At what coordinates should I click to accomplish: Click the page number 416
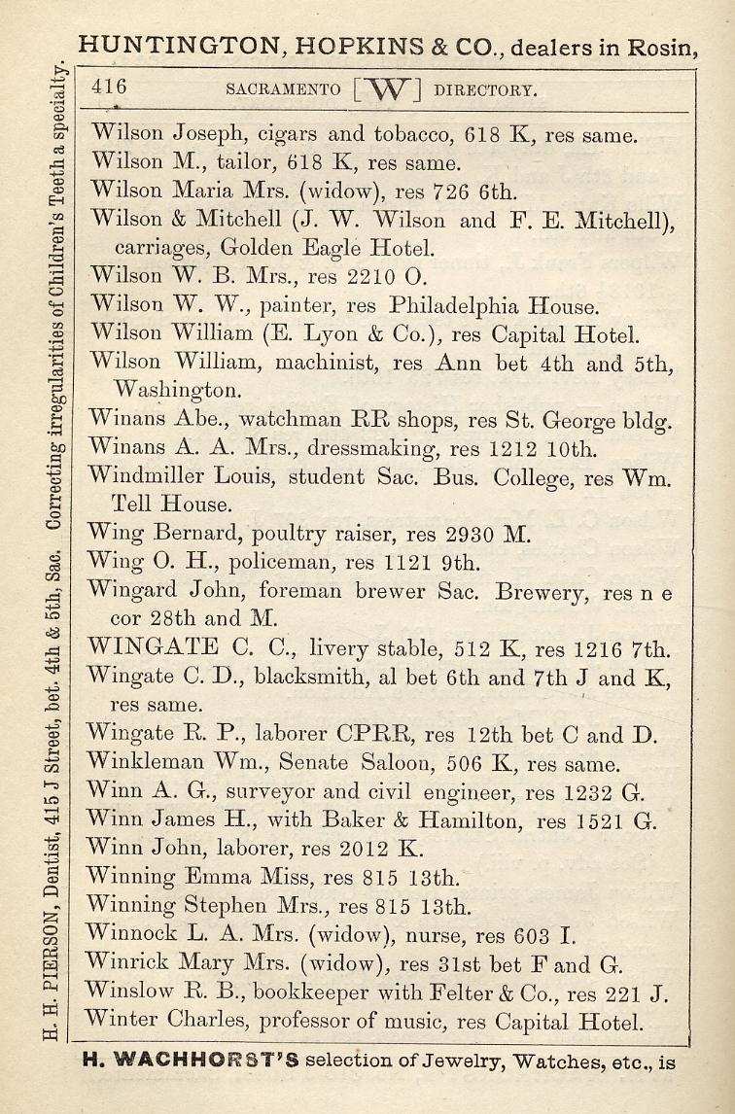pos(109,87)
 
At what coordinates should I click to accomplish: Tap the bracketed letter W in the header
pos(387,89)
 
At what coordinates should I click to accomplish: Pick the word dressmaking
pos(388,449)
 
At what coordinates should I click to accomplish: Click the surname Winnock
pos(130,937)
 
